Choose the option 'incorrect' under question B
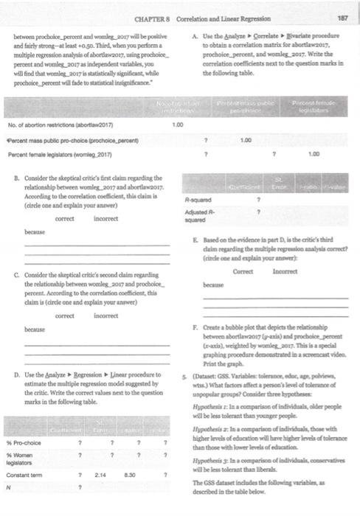106,218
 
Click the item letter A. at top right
193,36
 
